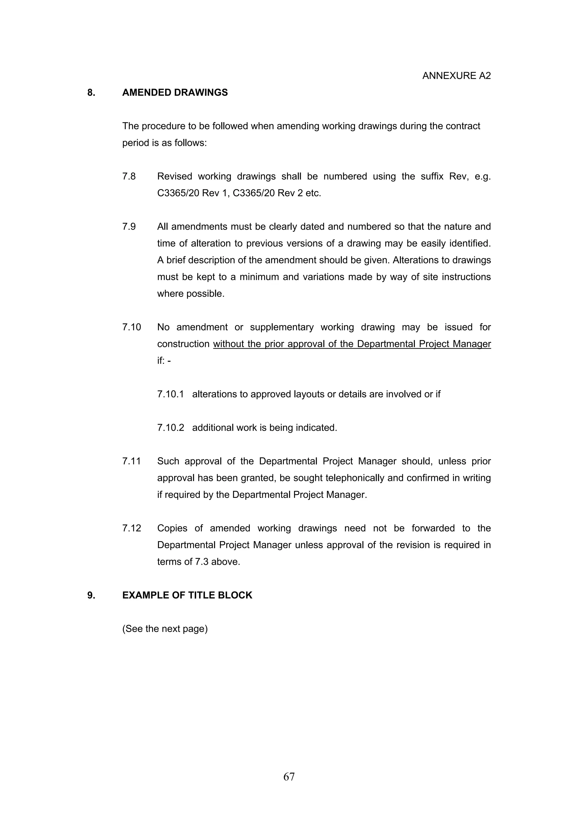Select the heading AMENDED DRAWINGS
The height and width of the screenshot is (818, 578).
pos(175,93)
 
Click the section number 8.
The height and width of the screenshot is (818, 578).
pos(91,93)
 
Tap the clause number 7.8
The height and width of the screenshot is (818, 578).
pos(129,176)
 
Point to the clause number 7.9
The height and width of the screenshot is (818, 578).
pos(129,227)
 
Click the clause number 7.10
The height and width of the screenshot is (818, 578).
pos(132,327)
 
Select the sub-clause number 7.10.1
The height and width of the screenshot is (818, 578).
pos(170,394)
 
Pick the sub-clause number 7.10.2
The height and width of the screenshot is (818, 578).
pos(170,428)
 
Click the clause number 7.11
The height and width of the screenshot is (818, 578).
pos(132,461)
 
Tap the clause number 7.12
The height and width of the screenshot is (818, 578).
pos(132,528)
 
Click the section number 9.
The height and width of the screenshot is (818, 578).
pos(91,595)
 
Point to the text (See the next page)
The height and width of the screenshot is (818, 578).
pos(165,629)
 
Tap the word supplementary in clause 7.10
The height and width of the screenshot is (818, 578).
pos(281,327)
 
